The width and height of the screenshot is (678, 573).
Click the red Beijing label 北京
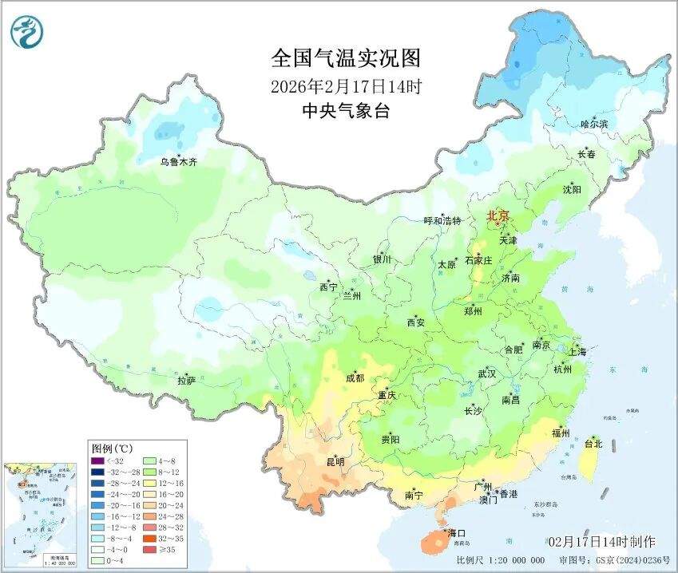(498, 215)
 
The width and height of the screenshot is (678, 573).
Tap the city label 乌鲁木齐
(178, 162)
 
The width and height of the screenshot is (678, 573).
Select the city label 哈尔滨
(594, 124)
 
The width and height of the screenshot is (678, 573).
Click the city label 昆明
(335, 462)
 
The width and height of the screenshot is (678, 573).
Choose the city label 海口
(456, 532)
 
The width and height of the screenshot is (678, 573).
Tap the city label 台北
(594, 443)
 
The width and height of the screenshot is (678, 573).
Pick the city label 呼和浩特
(442, 221)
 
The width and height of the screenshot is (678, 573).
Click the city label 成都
(355, 378)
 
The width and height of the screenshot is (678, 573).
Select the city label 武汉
(486, 373)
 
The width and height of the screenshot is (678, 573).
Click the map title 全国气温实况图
(345, 58)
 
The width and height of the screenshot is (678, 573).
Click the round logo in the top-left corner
(27, 32)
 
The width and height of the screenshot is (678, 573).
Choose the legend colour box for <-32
(97, 460)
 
